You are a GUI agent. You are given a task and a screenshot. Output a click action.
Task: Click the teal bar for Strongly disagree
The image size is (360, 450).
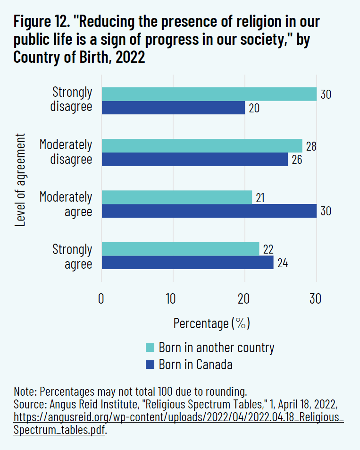[209, 94]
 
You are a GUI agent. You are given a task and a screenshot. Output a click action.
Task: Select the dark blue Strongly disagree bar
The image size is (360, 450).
[173, 108]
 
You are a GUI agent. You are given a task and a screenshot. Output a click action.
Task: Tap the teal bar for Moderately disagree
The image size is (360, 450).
[202, 145]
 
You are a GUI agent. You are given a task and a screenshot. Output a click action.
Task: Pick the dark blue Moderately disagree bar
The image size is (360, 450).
[195, 159]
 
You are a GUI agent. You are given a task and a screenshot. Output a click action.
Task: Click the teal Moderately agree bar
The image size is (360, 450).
[177, 197]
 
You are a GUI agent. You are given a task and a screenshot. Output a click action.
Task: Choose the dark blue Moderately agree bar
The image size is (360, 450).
[209, 211]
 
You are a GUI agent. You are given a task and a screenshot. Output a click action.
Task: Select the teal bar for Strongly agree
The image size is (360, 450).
[180, 248]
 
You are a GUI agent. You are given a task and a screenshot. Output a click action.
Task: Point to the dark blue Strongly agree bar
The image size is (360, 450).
[187, 262]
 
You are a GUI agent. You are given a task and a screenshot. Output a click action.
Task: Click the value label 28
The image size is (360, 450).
[310, 146]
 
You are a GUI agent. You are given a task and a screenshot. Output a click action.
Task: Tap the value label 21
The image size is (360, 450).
[260, 198]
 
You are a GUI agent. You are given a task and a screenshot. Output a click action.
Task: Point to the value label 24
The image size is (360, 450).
[282, 263]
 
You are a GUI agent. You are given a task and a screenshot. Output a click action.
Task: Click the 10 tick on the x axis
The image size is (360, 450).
[172, 299]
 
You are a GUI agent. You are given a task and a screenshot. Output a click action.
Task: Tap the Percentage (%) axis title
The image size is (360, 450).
[211, 323]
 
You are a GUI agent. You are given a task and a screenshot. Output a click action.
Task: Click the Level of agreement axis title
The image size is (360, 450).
[20, 180]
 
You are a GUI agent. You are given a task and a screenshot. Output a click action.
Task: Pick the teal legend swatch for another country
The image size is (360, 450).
[150, 348]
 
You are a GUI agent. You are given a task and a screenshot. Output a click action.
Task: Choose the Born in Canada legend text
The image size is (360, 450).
[195, 364]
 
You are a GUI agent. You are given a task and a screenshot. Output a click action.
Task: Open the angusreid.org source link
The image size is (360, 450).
[179, 418]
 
